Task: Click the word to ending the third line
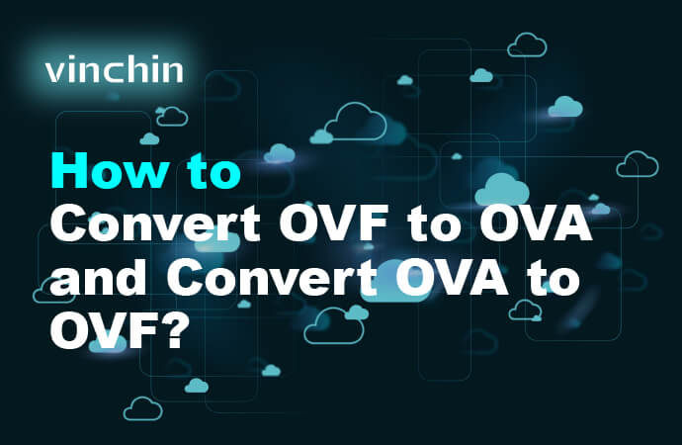545,281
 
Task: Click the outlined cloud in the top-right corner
527,44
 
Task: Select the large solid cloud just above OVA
501,188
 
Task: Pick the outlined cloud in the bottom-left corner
142,407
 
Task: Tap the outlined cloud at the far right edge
638,164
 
